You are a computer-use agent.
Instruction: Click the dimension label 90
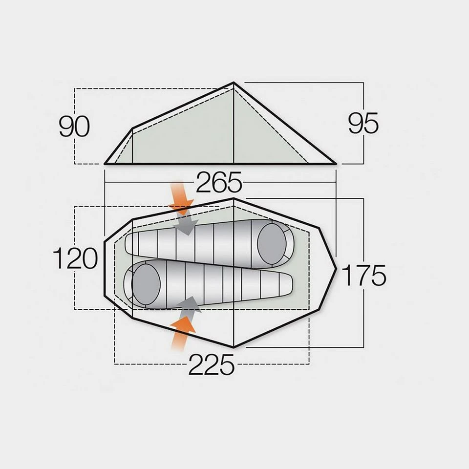[74, 127]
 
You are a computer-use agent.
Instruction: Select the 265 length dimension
[219, 184]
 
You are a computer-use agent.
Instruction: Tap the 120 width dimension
[75, 258]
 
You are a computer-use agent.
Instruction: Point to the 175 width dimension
[363, 276]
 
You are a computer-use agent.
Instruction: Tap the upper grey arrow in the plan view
[188, 225]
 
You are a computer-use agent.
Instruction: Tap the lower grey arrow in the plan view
[189, 304]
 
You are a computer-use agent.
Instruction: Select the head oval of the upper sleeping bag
[272, 240]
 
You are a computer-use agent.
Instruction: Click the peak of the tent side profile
[234, 83]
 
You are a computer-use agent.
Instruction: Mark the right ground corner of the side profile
[337, 164]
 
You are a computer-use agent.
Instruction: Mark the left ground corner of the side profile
[105, 164]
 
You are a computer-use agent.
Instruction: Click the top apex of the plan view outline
[234, 199]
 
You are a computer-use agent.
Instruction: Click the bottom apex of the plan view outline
[234, 347]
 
